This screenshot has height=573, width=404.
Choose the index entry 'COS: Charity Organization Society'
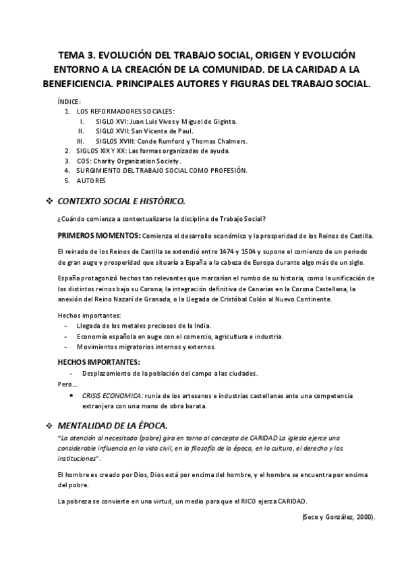point(129,161)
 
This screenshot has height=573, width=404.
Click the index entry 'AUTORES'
point(91,181)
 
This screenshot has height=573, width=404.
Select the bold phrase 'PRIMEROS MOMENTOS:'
point(99,235)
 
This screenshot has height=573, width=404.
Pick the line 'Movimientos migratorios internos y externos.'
point(146,347)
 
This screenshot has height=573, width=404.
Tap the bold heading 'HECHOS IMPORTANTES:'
point(99,362)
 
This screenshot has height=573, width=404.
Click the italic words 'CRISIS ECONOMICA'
point(113,395)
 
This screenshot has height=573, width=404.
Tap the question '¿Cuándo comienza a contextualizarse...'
point(161,218)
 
